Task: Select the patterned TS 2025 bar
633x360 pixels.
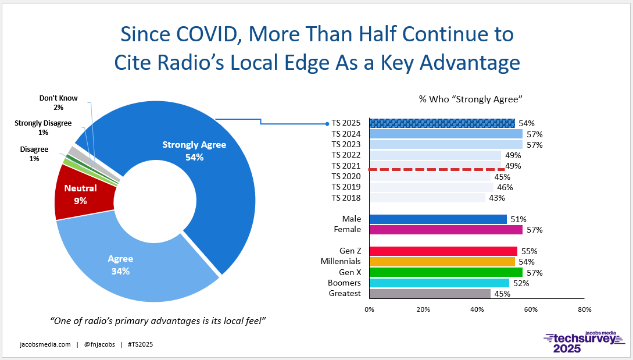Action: coord(442,123)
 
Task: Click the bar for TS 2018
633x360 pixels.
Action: coord(427,198)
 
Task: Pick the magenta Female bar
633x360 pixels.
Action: coord(446,230)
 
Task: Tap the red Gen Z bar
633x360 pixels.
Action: coord(444,251)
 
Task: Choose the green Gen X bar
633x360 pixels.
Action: coord(446,272)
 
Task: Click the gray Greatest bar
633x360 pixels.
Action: coord(430,294)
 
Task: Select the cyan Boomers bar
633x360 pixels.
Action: coord(439,283)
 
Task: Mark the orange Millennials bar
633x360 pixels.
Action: coord(442,261)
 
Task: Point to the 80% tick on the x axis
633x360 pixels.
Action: coord(585,309)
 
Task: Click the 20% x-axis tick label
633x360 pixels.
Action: coord(423,309)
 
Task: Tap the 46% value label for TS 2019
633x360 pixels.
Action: coord(505,187)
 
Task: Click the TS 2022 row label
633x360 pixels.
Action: coord(346,155)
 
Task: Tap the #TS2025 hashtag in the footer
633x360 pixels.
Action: coord(140,345)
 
